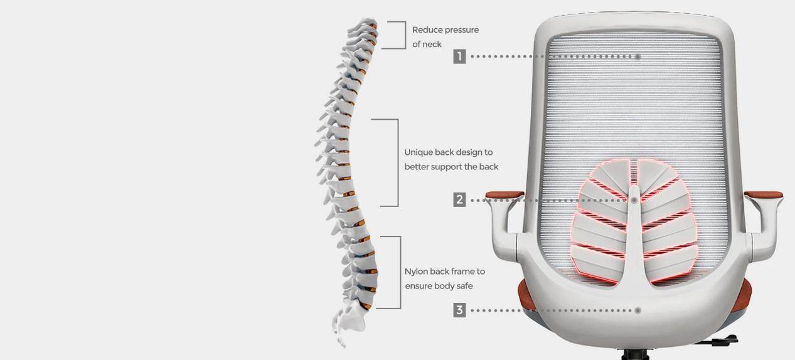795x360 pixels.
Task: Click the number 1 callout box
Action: pyautogui.click(x=459, y=56)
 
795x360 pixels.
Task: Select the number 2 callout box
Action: pyautogui.click(x=459, y=199)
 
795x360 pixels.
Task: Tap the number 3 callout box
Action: pyautogui.click(x=459, y=310)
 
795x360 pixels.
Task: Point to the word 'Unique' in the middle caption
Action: pyautogui.click(x=418, y=152)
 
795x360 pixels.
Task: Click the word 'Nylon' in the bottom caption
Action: pyautogui.click(x=415, y=272)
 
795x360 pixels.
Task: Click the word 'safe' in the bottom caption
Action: pyautogui.click(x=464, y=286)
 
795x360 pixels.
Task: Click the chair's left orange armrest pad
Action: pyautogui.click(x=504, y=194)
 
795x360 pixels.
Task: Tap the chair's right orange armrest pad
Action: pyautogui.click(x=764, y=194)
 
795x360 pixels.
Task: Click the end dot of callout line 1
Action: pyautogui.click(x=638, y=56)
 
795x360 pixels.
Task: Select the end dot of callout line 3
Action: pyautogui.click(x=638, y=310)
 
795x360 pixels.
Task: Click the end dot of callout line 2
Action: pyautogui.click(x=634, y=201)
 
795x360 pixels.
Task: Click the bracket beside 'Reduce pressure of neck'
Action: pyautogui.click(x=405, y=34)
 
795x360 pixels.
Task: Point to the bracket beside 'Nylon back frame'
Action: pyautogui.click(x=400, y=272)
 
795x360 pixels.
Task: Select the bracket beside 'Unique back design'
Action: pyautogui.click(x=398, y=162)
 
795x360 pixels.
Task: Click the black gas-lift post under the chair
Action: pyautogui.click(x=635, y=355)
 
